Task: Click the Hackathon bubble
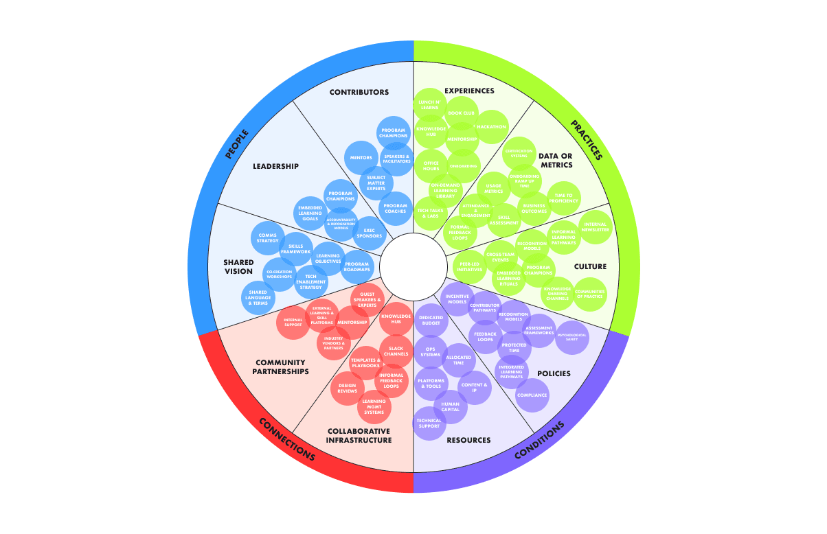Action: point(492,127)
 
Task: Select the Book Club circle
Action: point(462,113)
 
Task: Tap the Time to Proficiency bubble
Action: point(564,199)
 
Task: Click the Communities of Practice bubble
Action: point(590,294)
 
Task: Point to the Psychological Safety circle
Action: point(572,337)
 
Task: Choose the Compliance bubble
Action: point(532,395)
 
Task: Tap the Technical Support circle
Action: point(429,423)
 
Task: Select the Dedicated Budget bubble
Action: point(432,321)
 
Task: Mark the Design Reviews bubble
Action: point(348,388)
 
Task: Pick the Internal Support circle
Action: point(293,322)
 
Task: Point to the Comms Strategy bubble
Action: point(267,238)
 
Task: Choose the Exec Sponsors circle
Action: point(368,233)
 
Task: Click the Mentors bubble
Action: point(361,157)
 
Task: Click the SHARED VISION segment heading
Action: point(238,266)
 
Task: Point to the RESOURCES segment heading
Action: point(468,440)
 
